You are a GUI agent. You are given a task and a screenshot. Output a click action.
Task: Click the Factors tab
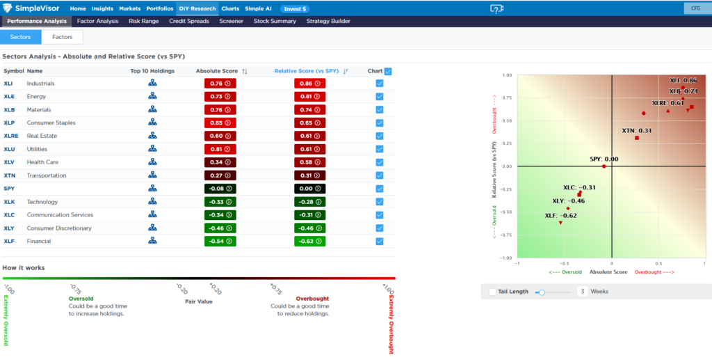point(62,37)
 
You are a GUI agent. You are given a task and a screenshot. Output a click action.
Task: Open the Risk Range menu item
point(143,21)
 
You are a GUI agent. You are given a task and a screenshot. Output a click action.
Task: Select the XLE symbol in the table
point(9,97)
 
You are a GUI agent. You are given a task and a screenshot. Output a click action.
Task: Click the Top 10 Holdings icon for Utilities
point(152,149)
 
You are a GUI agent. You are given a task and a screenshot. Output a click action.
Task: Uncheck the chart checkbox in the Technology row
point(379,202)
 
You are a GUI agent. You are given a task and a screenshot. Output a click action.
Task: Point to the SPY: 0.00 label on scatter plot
point(604,159)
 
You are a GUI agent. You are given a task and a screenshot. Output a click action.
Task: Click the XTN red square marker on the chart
point(637,138)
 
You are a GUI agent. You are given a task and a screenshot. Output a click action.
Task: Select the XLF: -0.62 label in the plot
point(560,215)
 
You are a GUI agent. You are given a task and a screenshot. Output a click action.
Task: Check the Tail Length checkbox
point(492,292)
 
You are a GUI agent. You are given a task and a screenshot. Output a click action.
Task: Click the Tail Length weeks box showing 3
point(581,292)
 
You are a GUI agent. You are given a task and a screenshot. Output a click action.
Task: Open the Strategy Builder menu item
point(328,21)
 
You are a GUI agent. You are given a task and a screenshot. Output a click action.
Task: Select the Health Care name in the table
point(43,162)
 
